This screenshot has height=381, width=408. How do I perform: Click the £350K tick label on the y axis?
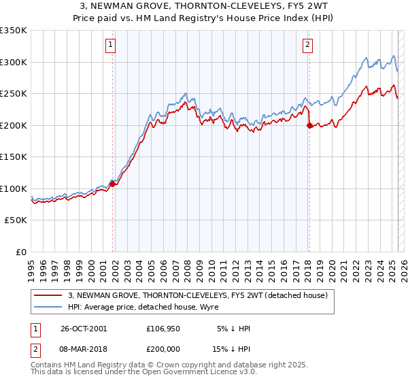coord(13,31)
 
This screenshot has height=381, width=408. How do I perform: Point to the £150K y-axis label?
coord(13,157)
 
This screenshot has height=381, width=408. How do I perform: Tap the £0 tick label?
coord(20,252)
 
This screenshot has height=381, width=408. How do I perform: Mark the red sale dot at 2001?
coord(113,183)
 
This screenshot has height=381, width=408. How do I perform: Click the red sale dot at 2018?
coord(309,125)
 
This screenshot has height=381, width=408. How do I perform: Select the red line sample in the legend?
coord(48,295)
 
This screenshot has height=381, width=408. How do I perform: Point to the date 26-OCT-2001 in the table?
coord(84,329)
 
